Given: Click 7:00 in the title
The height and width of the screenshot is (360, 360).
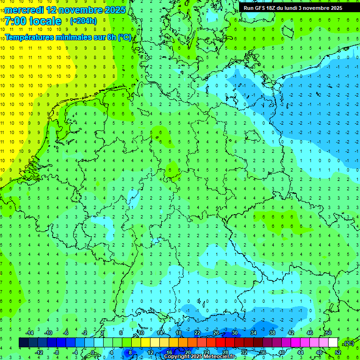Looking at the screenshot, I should pos(15,21).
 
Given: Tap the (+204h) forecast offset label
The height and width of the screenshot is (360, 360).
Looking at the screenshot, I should pos(83,21).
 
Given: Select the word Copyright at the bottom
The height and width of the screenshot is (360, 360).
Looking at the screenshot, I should pos(178,357).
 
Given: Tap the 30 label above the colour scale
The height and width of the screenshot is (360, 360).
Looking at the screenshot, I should pos(235,333).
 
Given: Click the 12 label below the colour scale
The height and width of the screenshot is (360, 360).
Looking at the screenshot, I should pos(150,352).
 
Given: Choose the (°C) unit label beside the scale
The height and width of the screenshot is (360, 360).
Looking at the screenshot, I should pos(349,343).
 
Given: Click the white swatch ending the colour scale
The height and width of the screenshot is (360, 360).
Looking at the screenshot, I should pos(333,343).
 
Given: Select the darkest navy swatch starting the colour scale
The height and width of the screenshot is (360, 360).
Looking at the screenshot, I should pos(23,343).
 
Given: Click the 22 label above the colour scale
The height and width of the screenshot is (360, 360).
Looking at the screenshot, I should pos(197,333).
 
